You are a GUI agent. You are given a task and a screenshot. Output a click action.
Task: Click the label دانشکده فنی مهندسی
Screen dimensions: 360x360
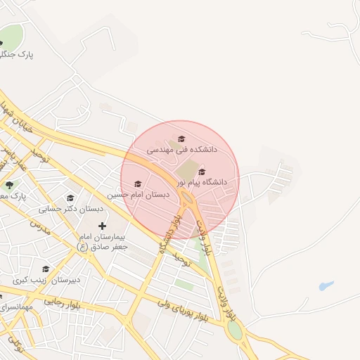pos(182,150)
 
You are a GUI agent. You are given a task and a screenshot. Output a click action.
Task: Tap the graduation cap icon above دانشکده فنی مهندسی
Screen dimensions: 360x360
pos(181,139)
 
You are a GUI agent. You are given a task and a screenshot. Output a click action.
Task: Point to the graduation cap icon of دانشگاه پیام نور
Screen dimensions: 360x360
pos(202,172)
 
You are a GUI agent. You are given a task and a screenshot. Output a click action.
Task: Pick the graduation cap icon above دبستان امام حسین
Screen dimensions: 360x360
pos(137,184)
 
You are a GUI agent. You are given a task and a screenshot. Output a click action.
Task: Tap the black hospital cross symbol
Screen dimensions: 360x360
pos(103,226)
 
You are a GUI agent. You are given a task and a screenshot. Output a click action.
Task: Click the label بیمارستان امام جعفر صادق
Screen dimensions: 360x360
pos(103,242)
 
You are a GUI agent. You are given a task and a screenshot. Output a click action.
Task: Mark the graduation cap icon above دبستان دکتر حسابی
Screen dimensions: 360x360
pos(70,198)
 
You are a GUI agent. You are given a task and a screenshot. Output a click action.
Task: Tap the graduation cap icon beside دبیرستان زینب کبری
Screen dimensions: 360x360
pos(46,269)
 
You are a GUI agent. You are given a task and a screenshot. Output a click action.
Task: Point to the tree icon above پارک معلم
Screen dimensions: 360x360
pos(9,185)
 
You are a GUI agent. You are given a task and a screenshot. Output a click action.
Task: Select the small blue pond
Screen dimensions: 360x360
pos(325,286)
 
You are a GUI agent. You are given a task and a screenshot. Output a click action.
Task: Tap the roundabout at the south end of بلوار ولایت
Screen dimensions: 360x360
pos(235,330)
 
